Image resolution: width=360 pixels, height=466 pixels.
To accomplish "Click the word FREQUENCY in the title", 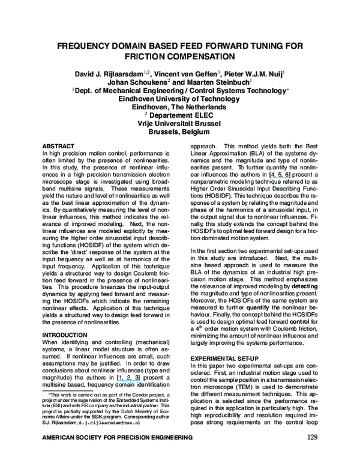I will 94,46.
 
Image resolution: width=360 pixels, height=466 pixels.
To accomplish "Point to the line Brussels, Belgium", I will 179,133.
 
